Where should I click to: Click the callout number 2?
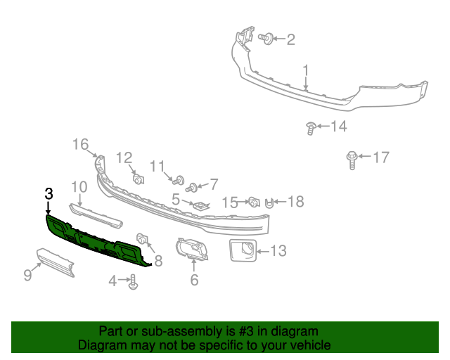(290, 39)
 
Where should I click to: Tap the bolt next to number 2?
(266, 38)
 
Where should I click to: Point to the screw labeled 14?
(310, 127)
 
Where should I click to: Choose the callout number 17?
(380, 157)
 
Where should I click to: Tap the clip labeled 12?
(138, 177)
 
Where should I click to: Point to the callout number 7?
(214, 184)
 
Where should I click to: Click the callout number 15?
(230, 202)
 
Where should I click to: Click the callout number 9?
(27, 275)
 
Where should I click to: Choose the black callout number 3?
(49, 193)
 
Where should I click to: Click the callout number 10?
(79, 187)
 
